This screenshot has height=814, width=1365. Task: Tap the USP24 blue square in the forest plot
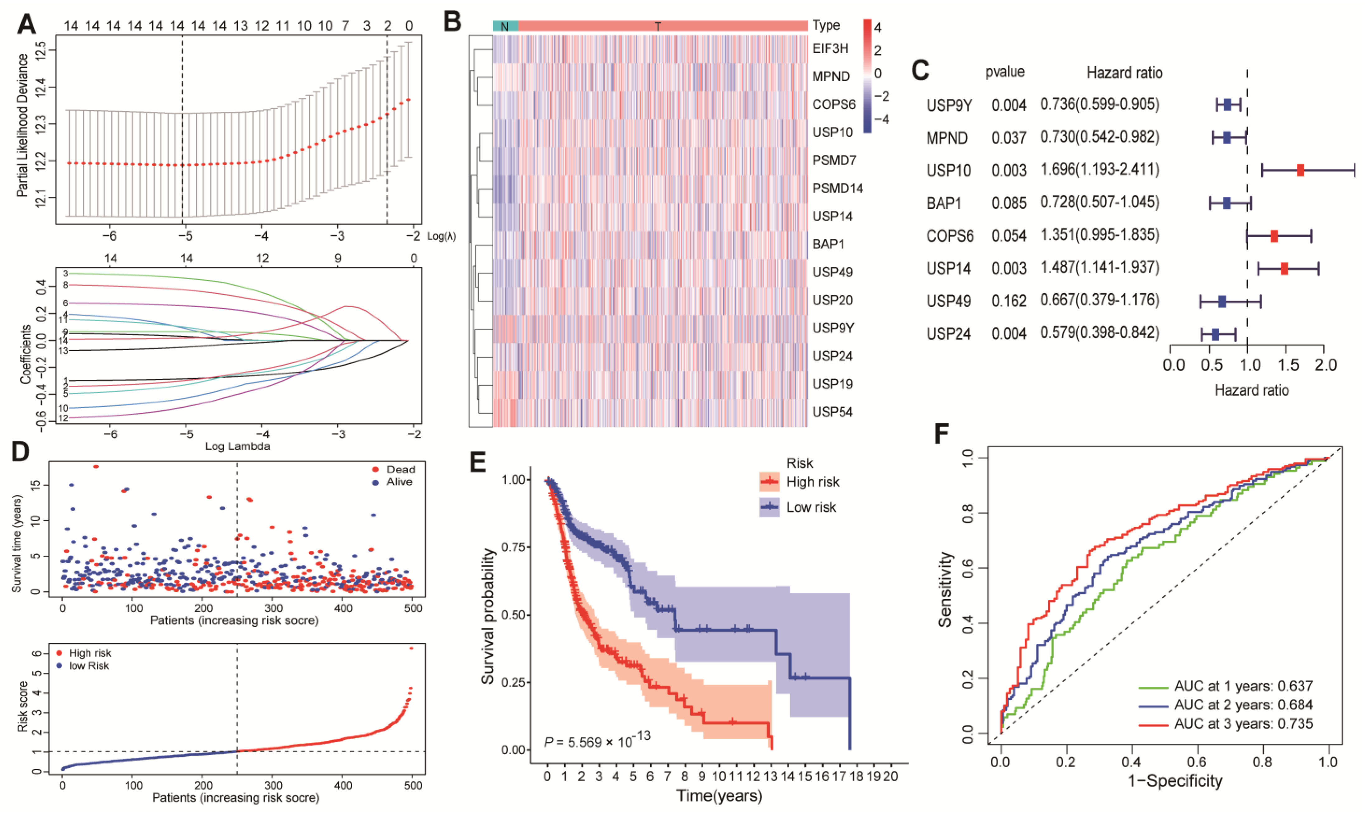tap(1215, 334)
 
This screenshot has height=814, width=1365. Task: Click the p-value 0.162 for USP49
tap(1008, 301)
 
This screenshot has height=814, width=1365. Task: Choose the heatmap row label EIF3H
tap(830, 49)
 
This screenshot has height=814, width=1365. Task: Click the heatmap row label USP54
tap(832, 412)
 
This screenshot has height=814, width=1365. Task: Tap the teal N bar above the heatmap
tap(505, 26)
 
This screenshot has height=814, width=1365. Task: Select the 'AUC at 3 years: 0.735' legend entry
tap(1243, 724)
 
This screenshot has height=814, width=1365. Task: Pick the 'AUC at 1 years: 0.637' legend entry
tap(1243, 686)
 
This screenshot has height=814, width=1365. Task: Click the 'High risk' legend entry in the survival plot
tap(812, 482)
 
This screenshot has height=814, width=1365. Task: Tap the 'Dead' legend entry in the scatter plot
tap(400, 469)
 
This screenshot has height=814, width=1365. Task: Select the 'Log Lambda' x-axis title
tap(238, 446)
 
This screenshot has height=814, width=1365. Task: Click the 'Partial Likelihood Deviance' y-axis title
tap(22, 125)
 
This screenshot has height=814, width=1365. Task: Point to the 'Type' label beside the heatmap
tap(826, 25)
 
